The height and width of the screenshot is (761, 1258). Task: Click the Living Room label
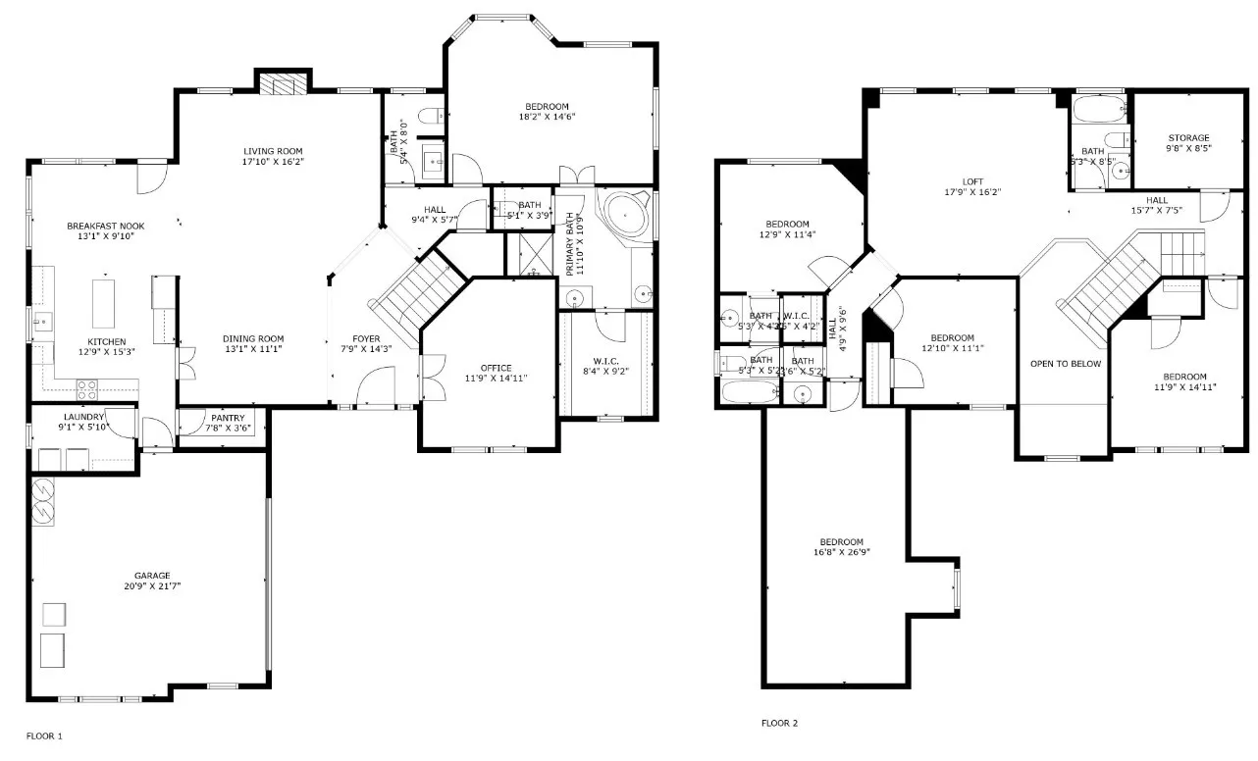pos(274,151)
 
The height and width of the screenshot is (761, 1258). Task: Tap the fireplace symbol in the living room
pos(284,84)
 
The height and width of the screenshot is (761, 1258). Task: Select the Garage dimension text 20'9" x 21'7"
pos(152,586)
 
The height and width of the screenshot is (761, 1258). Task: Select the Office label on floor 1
pos(496,368)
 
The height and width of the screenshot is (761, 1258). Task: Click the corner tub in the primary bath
pos(622,214)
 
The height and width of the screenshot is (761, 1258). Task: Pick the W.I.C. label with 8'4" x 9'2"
pos(605,360)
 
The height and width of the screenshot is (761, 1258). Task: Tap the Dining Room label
pos(252,338)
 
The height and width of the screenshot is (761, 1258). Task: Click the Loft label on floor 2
pos(972,181)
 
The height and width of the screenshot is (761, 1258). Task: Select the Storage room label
pos(1188,138)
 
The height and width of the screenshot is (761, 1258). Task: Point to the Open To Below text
pos(1065,364)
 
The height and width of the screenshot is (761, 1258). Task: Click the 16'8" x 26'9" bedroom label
pos(842,542)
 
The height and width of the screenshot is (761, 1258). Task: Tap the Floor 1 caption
pos(44,735)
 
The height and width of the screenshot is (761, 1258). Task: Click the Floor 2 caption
pos(779,723)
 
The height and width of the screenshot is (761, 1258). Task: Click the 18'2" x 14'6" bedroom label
pos(547,106)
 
